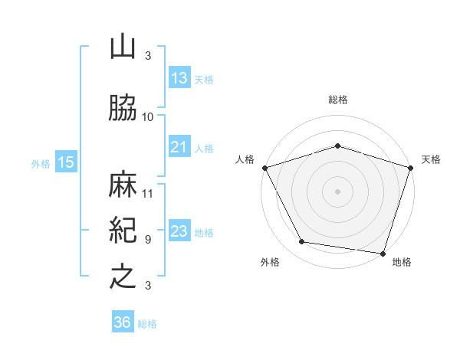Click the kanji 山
point(123,47)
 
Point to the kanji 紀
point(123,231)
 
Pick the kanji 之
point(123,277)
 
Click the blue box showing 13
point(179,79)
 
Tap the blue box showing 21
point(179,147)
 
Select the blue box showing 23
point(179,231)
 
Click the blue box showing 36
point(123,322)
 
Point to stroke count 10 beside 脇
point(148,117)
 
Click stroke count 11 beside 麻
point(148,193)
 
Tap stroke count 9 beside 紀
point(148,239)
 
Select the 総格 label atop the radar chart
point(337,100)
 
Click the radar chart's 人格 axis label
point(245,159)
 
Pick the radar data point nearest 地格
point(383,253)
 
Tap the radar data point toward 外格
point(302,242)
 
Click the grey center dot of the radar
point(337,191)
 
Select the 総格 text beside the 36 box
point(147,324)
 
